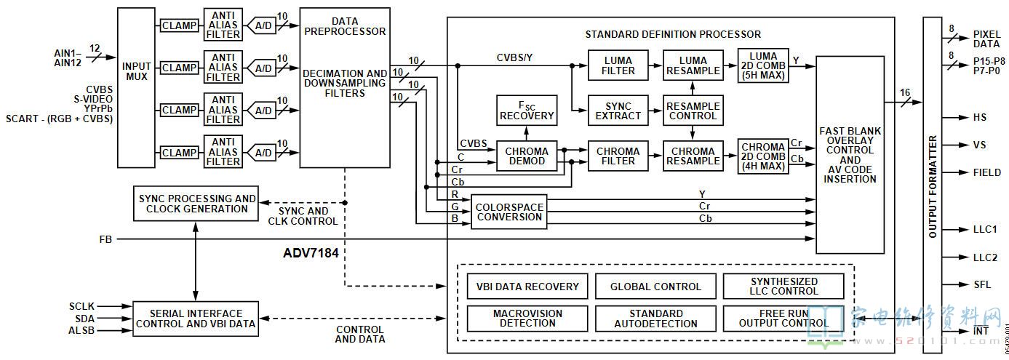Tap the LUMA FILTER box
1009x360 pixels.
pyautogui.click(x=618, y=65)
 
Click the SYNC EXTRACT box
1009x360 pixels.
pyautogui.click(x=618, y=111)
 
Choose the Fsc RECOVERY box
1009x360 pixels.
pyautogui.click(x=526, y=111)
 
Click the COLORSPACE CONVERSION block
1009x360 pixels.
pyautogui.click(x=509, y=212)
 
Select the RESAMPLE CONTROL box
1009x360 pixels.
pyautogui.click(x=693, y=111)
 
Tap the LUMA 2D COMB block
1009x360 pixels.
pyautogui.click(x=762, y=65)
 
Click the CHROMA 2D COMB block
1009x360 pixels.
pyautogui.click(x=762, y=156)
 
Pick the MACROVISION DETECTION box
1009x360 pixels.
pyautogui.click(x=527, y=319)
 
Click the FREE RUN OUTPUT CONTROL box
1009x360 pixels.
pyautogui.click(x=783, y=319)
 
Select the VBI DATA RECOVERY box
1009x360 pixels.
pyautogui.click(x=527, y=287)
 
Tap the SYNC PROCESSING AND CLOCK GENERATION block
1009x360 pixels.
pyautogui.click(x=197, y=204)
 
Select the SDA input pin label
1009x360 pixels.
pyautogui.click(x=84, y=319)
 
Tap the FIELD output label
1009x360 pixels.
pyautogui.click(x=987, y=172)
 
